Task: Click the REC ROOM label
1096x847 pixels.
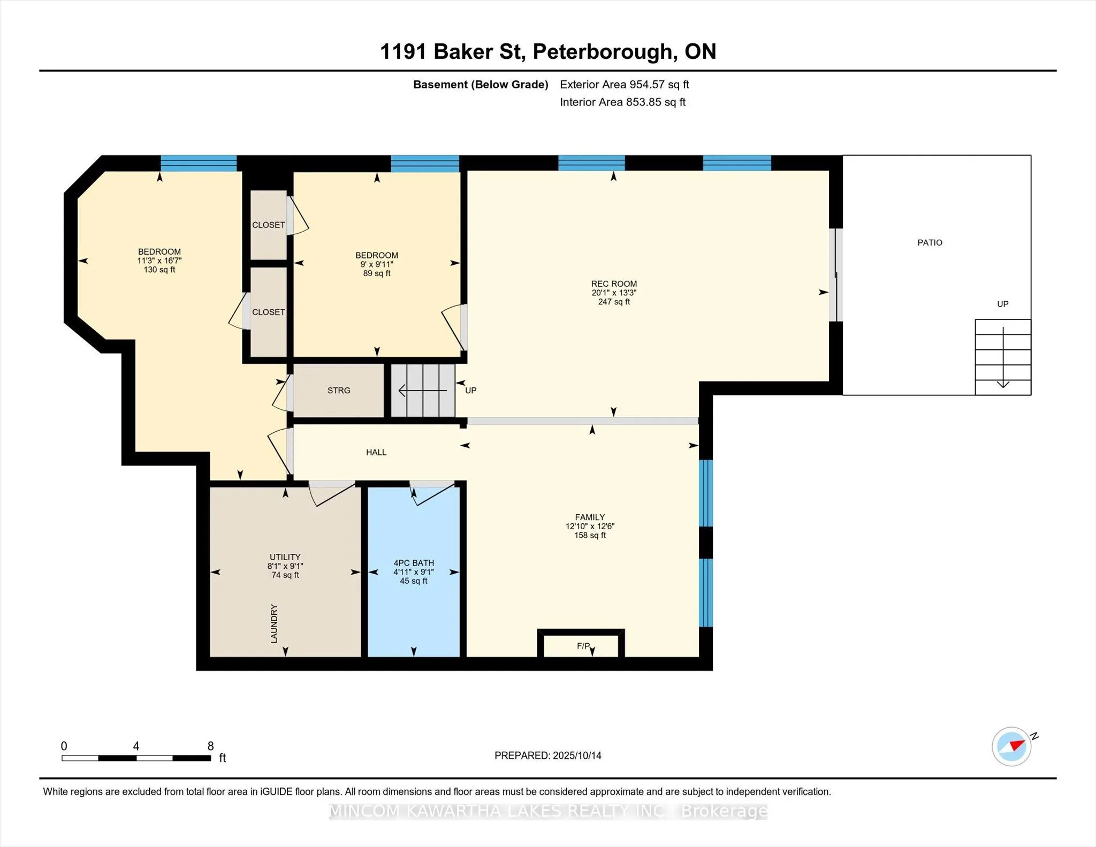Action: coord(614,284)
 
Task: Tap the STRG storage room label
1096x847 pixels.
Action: coord(339,391)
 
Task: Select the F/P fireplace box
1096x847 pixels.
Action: coord(581,644)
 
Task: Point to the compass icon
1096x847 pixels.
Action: coord(1011,746)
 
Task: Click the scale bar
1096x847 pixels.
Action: coord(136,758)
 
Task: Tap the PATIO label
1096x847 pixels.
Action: coord(930,243)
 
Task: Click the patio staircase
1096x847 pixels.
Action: coord(1003,357)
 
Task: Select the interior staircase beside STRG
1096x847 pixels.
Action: coord(423,391)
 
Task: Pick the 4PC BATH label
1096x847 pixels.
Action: coord(414,563)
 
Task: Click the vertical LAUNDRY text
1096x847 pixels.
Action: coord(274,623)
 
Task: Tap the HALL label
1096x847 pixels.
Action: coord(376,453)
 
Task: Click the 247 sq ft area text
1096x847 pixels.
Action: coord(614,302)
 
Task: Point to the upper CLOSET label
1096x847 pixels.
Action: coord(269,225)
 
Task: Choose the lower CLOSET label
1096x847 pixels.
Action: coord(269,312)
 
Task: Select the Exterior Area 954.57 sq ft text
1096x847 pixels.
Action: coord(625,85)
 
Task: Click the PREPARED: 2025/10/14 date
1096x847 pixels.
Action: coord(548,756)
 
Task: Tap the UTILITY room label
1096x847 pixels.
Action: coord(285,557)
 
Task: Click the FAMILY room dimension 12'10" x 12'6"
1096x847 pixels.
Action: coord(590,526)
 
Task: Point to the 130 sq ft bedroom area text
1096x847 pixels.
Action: coord(159,270)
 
